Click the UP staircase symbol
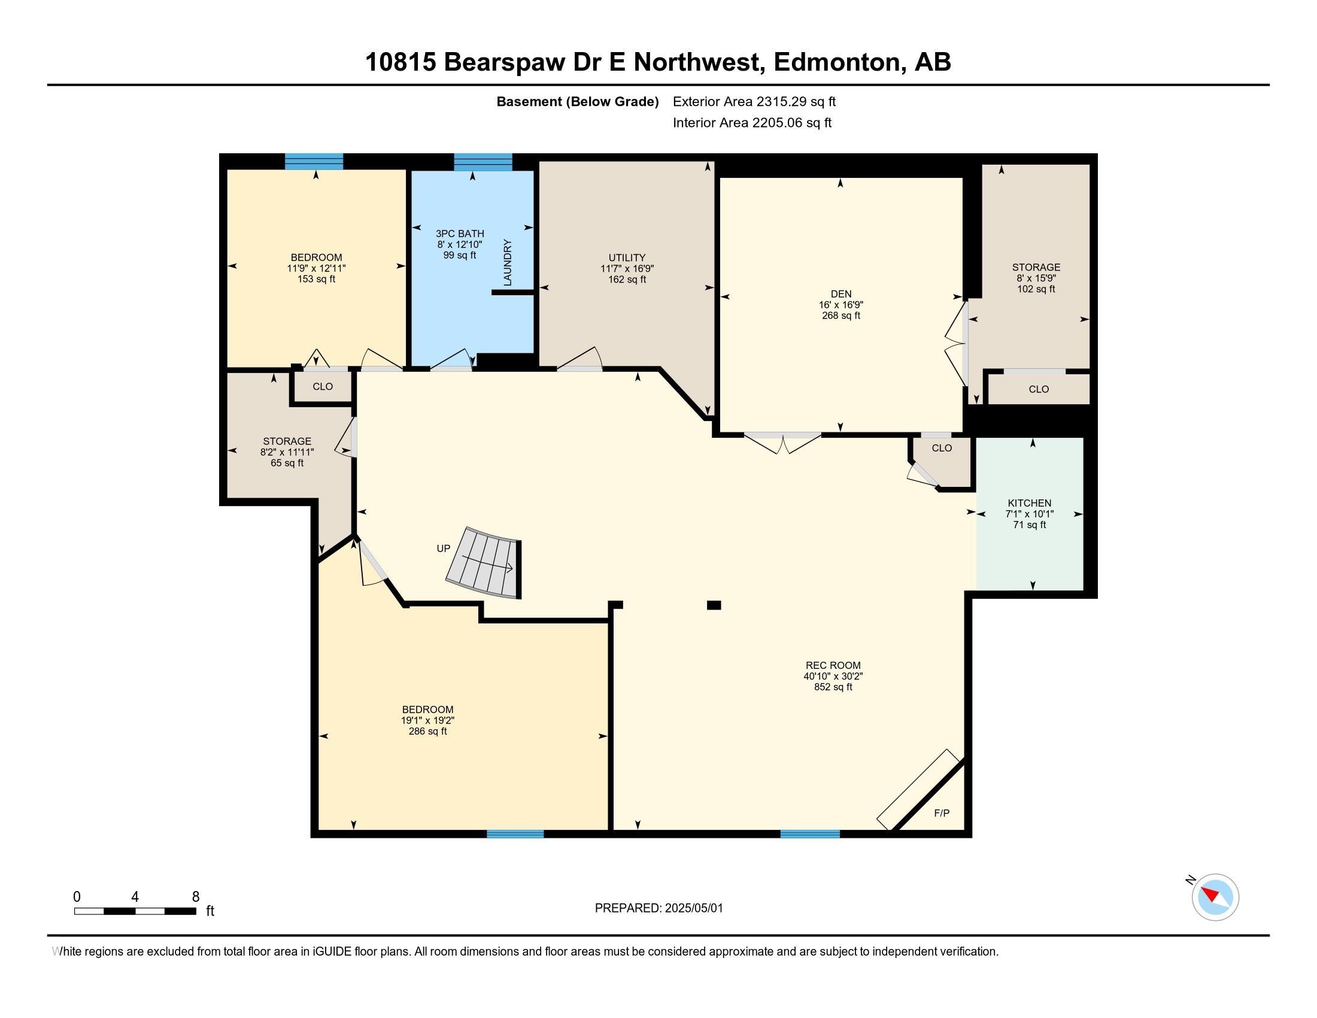tap(485, 564)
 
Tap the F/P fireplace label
tap(941, 813)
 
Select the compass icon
tap(1215, 897)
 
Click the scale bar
tap(135, 911)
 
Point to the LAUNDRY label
tap(507, 262)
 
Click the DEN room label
tap(840, 294)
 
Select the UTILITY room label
tap(627, 257)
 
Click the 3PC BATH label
tap(460, 234)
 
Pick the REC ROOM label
tap(833, 665)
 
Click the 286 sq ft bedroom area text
tap(427, 731)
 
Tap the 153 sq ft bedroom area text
tap(316, 278)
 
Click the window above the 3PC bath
tap(483, 162)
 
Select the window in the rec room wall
tap(810, 834)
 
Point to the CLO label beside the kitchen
tap(941, 448)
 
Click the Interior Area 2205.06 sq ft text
tap(751, 123)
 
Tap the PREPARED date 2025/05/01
tap(658, 908)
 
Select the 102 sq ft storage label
tap(1036, 289)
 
